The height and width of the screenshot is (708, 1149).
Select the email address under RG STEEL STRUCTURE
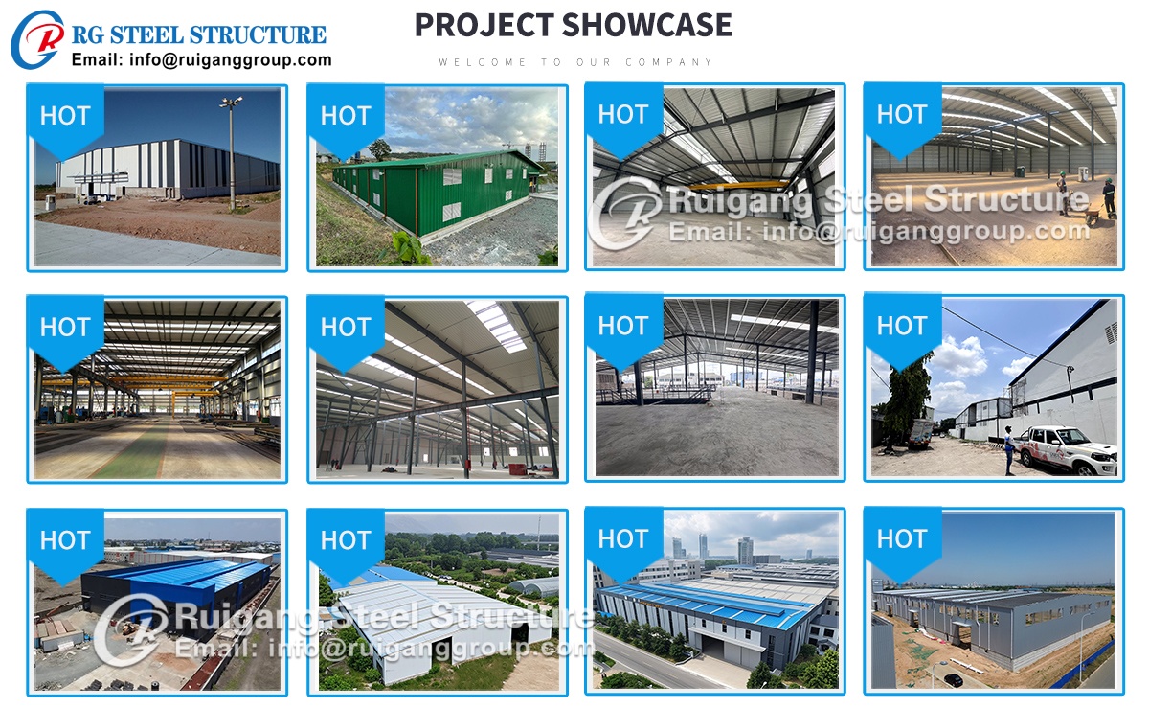point(202,59)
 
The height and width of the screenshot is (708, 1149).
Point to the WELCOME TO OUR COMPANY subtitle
point(575,62)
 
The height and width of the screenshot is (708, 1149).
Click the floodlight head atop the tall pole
point(231,101)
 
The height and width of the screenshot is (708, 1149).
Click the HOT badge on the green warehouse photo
point(346,116)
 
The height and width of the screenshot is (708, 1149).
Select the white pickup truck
point(1066,448)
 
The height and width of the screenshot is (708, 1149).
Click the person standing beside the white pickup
point(1008,450)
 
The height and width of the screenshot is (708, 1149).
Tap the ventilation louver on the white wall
point(1109,332)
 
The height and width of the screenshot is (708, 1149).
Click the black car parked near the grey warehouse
point(953,679)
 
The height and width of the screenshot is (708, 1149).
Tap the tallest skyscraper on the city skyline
point(744,550)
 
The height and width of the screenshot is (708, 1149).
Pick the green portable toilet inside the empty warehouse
point(1021,172)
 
